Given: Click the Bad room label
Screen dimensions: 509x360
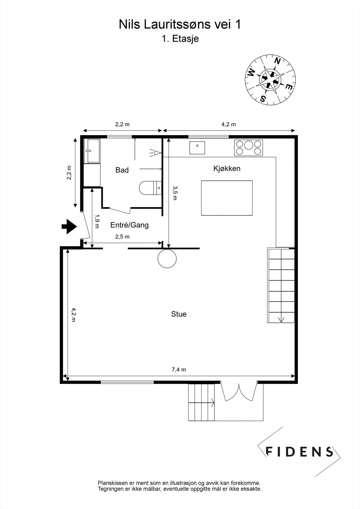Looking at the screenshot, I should coord(122,170).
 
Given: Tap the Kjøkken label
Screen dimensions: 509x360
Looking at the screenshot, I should coord(227,169).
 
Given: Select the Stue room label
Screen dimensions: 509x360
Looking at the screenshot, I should coord(179,314).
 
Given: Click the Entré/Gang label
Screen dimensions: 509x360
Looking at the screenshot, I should coord(129,225).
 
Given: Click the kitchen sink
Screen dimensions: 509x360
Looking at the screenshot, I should coord(197,148).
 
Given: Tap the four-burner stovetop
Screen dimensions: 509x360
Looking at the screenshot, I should coord(249,148).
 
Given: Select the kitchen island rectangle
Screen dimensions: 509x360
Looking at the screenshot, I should coord(227,198).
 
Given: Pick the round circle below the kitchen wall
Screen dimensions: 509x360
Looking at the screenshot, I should coord(167,258).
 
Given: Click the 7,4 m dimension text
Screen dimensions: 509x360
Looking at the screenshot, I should coord(179,370).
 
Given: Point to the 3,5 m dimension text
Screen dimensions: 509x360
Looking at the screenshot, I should coord(174,193).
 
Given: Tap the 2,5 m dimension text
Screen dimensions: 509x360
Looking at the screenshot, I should coord(122,237).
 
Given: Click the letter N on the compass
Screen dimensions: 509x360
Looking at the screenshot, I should coord(277,61).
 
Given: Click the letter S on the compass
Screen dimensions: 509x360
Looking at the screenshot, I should coord(263,99).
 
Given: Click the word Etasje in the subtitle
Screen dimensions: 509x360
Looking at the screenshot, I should coord(185,39).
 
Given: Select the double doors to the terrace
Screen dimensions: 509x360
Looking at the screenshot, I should coord(239,392).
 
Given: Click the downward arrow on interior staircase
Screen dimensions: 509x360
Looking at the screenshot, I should coord(281,319).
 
